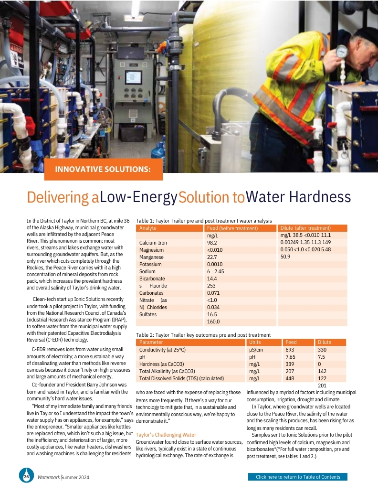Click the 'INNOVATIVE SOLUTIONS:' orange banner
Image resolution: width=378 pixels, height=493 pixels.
click(x=103, y=169)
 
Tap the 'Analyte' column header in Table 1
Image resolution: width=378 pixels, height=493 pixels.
click(x=148, y=228)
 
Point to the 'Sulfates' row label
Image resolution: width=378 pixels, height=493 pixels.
click(x=148, y=314)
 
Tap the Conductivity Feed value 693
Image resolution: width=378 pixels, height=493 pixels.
click(x=290, y=350)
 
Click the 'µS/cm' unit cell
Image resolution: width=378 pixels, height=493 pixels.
click(x=256, y=350)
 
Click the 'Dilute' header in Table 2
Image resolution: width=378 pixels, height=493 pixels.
click(x=324, y=342)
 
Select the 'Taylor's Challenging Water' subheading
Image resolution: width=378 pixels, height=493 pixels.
click(x=166, y=435)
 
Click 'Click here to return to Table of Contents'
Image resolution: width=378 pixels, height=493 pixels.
click(x=298, y=477)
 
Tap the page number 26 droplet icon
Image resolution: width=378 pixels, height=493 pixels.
click(x=26, y=476)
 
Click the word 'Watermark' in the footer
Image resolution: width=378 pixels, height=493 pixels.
click(x=49, y=477)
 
